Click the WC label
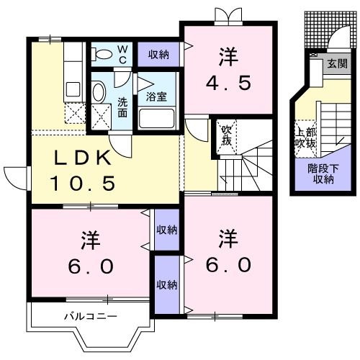(122, 52)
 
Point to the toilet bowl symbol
(103, 53)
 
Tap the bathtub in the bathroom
(158, 117)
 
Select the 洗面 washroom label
(122, 107)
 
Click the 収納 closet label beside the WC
(159, 55)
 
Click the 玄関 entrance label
(336, 64)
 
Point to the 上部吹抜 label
(306, 138)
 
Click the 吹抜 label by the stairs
(226, 135)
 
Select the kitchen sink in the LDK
(72, 89)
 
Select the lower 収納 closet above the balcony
(166, 284)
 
